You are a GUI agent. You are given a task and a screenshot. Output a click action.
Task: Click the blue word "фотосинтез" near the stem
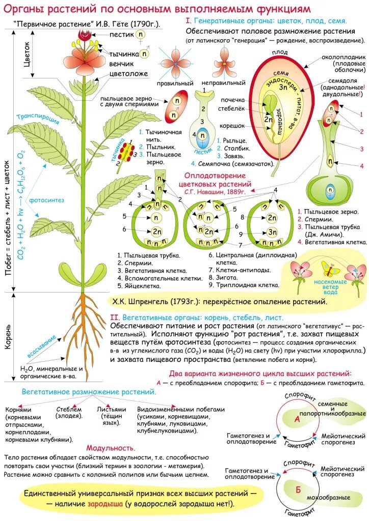(46, 200)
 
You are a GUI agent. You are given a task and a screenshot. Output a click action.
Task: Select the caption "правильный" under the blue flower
(175, 83)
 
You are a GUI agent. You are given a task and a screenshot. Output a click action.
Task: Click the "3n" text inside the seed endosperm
(283, 87)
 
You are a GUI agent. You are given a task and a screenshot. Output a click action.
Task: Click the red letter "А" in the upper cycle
(297, 419)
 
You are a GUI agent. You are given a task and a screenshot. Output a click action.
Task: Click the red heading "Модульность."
(111, 448)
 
